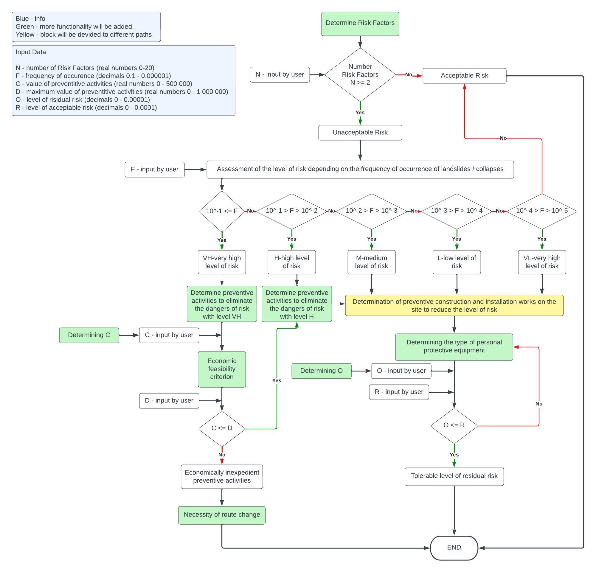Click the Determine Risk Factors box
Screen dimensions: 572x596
coord(360,24)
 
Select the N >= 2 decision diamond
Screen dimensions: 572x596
coord(360,74)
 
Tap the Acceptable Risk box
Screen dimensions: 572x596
coord(464,76)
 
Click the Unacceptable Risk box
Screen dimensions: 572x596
coord(360,133)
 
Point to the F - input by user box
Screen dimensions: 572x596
coord(154,169)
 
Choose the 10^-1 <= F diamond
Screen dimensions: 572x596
coord(222,211)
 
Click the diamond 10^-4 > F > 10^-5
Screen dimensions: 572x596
coord(541,211)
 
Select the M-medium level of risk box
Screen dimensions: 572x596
coord(371,262)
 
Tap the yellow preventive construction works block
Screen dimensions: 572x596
coord(454,305)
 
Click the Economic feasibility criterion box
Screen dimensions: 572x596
coord(222,369)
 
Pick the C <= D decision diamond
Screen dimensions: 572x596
coord(222,428)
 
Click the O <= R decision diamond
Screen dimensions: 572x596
coord(454,425)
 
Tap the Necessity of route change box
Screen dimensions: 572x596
coord(222,515)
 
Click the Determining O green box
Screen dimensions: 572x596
coord(321,371)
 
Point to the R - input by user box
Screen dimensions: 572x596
coord(399,392)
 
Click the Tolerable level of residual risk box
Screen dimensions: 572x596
coord(454,476)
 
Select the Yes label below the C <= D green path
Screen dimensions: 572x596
coord(277,380)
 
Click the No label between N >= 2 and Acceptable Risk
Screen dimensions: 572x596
coord(408,74)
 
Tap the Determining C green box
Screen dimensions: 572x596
coord(89,335)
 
